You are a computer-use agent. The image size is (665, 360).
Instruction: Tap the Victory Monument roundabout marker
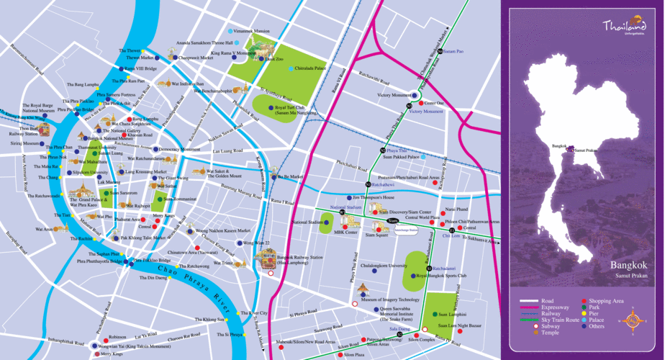pos(414,95)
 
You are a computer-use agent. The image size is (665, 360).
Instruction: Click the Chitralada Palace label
pos(311,68)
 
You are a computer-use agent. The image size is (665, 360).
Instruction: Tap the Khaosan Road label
pos(140,135)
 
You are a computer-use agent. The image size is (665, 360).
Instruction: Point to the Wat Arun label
pos(44,229)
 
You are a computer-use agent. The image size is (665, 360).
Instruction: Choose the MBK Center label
pos(346,233)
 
